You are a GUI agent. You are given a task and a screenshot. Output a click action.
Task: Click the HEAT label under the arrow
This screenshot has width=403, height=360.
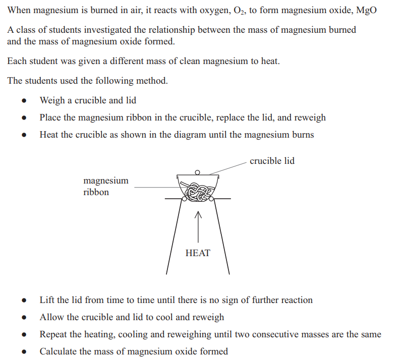pos(198,253)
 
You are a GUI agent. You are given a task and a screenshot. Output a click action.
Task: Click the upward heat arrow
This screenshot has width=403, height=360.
pos(198,226)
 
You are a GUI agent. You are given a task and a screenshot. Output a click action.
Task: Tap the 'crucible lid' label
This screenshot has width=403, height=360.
pos(272,161)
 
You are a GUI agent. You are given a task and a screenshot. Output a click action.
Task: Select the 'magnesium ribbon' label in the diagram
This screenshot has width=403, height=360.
pos(106,186)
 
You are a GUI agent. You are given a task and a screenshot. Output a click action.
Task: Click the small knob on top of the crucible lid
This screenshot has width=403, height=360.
pos(197,172)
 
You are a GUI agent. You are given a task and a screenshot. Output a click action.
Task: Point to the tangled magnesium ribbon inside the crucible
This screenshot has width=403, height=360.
pos(198,192)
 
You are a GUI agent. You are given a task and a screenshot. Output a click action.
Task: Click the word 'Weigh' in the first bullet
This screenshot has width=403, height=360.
pos(52,100)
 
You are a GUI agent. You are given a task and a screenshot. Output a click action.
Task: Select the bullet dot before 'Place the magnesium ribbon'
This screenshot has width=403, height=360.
pos(24,117)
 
